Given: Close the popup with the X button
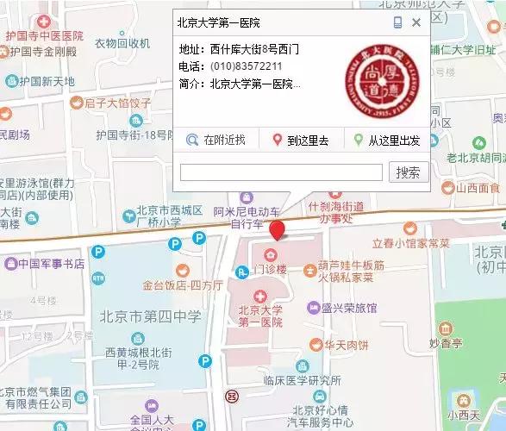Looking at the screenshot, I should [416, 23].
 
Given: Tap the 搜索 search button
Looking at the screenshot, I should [409, 172].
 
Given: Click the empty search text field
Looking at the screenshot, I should [281, 172].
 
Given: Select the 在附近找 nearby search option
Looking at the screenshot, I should [217, 140].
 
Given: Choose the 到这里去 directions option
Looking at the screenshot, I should [301, 140].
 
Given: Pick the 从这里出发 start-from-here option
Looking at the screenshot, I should [388, 140].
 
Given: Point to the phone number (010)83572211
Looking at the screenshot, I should [246, 66].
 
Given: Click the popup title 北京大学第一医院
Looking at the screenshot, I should [218, 22].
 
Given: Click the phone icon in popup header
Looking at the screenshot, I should [397, 23].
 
